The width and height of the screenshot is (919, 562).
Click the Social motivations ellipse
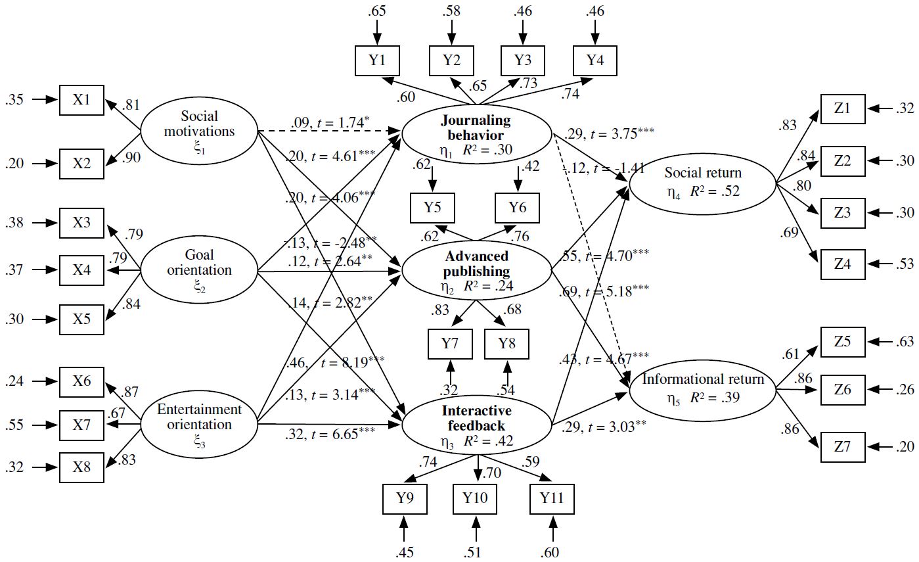198,131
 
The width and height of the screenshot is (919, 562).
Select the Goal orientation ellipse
199,270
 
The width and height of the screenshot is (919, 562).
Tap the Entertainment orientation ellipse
199,424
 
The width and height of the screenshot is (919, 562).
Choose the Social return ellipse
702,182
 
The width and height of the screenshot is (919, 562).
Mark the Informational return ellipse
702,387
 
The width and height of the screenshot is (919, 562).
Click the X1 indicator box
81,100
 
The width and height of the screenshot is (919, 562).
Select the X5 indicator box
81,319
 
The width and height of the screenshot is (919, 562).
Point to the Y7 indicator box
450,344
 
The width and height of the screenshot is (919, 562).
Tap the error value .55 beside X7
16,425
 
